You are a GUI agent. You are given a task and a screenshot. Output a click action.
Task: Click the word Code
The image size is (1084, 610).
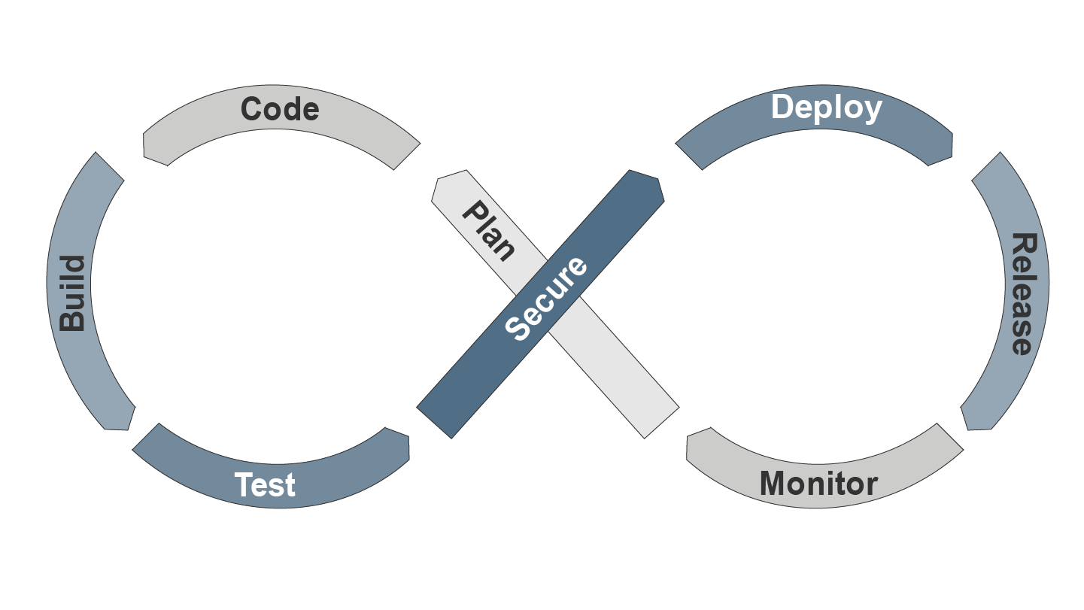point(280,110)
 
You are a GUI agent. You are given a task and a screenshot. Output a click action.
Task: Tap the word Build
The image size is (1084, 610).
point(73,293)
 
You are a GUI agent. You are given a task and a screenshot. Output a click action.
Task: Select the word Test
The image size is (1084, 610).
point(265,485)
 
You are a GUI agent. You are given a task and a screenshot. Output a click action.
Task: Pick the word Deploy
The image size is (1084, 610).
point(826,108)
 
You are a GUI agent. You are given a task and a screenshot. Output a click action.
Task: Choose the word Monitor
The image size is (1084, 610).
point(818,483)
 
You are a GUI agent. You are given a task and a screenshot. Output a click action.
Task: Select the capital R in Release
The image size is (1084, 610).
point(1022,245)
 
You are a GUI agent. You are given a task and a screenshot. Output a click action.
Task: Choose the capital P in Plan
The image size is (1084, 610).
point(475,213)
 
